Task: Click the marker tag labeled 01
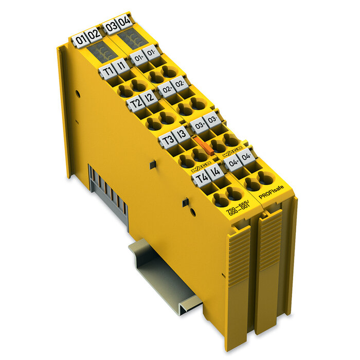(79, 39)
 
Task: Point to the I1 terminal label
(120, 65)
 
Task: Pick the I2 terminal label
(150, 98)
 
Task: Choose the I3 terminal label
(182, 135)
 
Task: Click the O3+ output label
(198, 124)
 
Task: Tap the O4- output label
(246, 155)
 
